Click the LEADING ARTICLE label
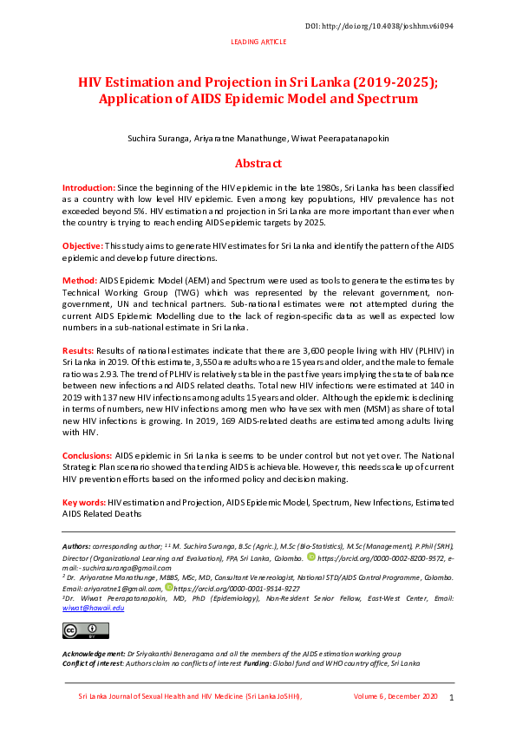point(258,42)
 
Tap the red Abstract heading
point(258,163)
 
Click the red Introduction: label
point(88,187)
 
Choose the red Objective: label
point(82,247)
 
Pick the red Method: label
point(79,281)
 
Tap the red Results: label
point(81,349)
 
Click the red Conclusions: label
point(88,455)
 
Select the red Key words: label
point(83,503)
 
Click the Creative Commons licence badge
point(73,630)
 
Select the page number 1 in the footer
point(451,698)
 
